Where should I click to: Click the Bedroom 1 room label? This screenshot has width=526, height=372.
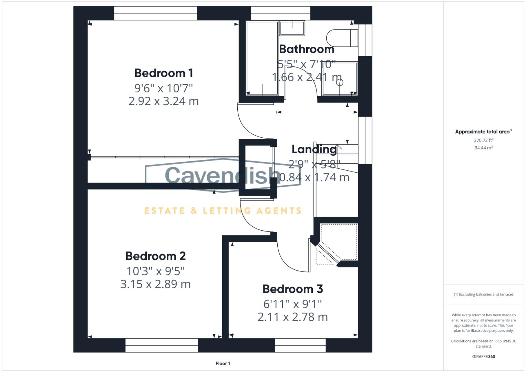tap(164, 73)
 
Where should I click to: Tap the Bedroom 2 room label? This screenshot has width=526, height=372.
tap(155, 256)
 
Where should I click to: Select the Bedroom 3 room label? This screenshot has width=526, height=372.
tap(292, 289)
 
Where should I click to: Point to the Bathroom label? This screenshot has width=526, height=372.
tap(307, 49)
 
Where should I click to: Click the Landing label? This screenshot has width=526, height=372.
tap(314, 149)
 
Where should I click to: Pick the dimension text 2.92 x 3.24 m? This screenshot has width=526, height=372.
tap(164, 101)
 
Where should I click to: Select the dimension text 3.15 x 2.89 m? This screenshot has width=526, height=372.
tap(155, 284)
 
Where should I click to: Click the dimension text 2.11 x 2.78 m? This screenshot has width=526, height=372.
tap(292, 317)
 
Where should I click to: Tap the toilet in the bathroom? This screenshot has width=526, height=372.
tap(342, 38)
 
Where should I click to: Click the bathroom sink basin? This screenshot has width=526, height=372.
tap(292, 28)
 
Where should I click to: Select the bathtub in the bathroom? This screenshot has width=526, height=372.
tap(262, 58)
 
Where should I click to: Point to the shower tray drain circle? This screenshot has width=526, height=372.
tap(340, 82)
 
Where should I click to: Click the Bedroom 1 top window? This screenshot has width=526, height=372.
tap(155, 13)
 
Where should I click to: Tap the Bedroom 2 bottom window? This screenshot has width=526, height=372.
tap(162, 345)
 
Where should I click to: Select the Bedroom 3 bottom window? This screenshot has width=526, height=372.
tap(300, 345)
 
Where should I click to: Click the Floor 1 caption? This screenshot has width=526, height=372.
tap(223, 363)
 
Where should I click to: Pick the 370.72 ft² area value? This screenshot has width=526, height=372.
tap(483, 140)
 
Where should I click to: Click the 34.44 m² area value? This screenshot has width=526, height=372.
tap(483, 148)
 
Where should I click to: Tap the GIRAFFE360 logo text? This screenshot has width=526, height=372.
tap(483, 356)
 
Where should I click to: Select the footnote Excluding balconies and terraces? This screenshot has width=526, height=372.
tap(484, 294)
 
